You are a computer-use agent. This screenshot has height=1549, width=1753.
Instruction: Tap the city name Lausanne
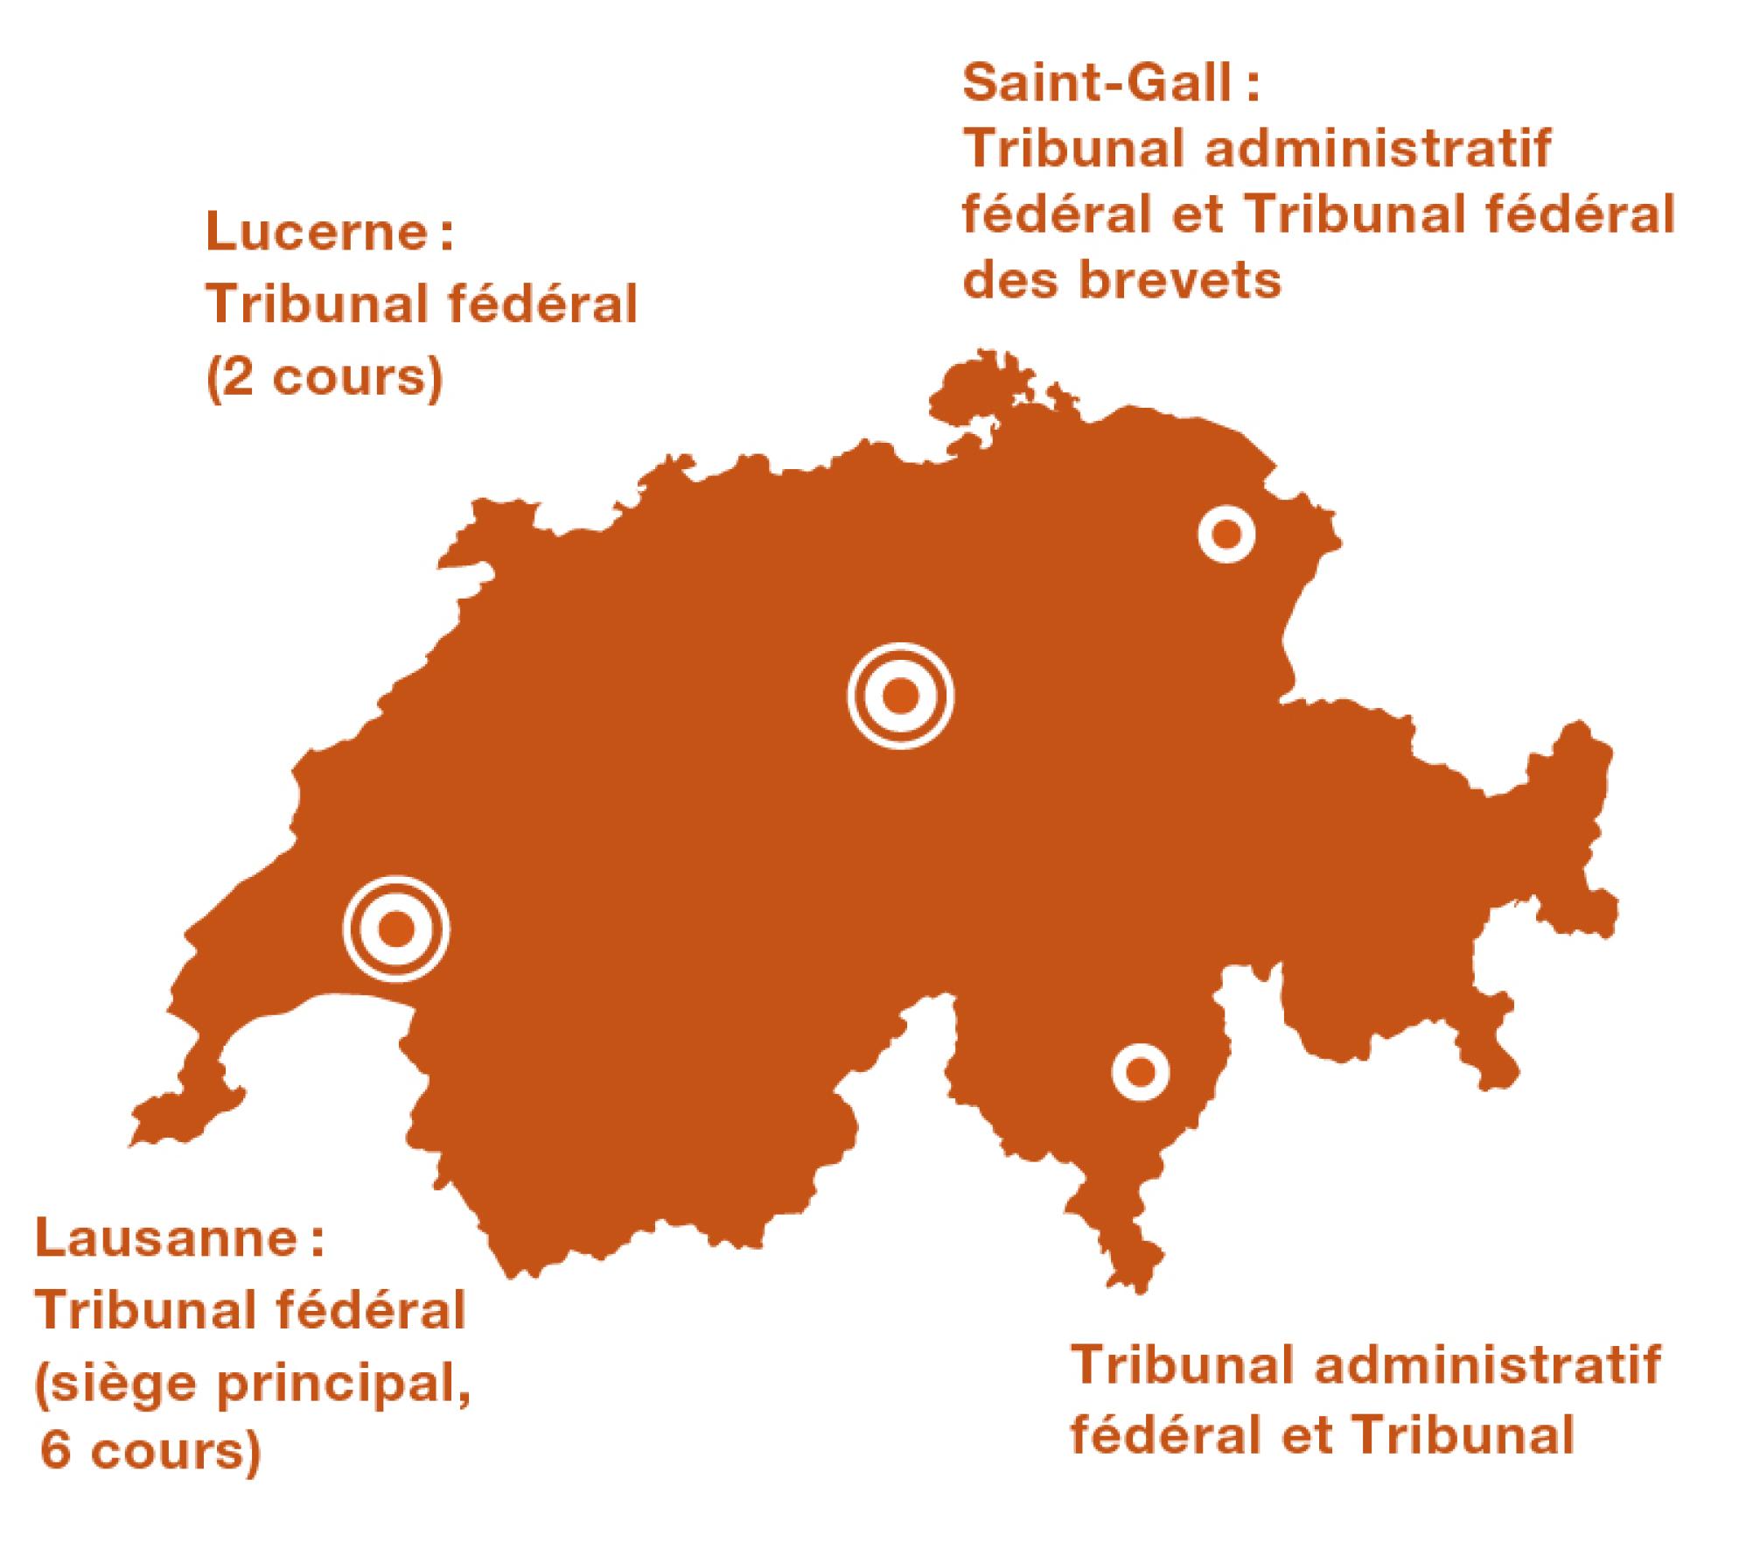pyautogui.click(x=166, y=1242)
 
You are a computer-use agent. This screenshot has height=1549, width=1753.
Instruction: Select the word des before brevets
pyautogui.click(x=1008, y=281)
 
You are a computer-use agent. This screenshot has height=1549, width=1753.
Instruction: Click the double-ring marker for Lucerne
pyautogui.click(x=900, y=696)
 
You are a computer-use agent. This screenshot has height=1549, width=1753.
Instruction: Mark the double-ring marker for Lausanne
pyautogui.click(x=396, y=929)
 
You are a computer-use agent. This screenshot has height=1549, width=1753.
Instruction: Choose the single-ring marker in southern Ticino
pyautogui.click(x=1140, y=1071)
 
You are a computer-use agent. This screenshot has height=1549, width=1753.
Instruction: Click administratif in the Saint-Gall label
pyautogui.click(x=1378, y=150)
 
